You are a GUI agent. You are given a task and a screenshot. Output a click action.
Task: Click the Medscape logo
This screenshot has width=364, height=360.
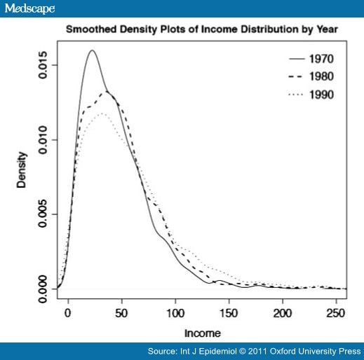coord(29,8)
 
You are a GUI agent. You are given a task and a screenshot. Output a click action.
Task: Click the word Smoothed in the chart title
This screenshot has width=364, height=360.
coord(88,30)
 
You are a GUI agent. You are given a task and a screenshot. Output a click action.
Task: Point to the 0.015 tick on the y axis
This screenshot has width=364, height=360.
coord(43,65)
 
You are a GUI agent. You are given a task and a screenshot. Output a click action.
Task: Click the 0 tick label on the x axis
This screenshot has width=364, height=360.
coord(68,313)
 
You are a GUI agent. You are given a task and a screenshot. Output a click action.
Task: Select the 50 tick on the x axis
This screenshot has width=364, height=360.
coord(121,313)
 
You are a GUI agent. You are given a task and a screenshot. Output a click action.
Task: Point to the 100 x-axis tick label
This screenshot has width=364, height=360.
coord(175,313)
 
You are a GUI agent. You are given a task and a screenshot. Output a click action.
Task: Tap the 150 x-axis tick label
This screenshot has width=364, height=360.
coord(229,313)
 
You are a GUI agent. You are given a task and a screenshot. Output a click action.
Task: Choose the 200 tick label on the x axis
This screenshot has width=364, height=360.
coord(283,313)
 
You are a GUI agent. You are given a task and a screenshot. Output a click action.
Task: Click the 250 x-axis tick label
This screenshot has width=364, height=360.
coord(337,313)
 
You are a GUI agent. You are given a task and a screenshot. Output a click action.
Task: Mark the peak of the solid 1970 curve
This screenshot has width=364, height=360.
coord(92,50)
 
